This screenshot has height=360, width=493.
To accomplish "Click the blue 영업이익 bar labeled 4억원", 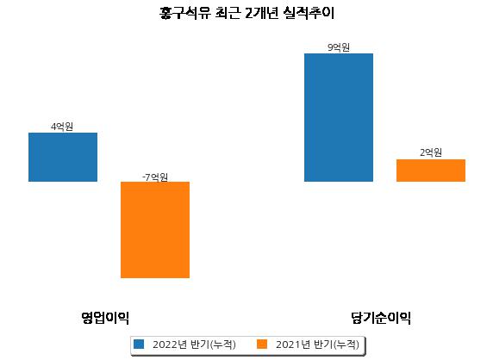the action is (x=63, y=157).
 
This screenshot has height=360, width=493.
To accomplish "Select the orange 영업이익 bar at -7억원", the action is (x=155, y=230).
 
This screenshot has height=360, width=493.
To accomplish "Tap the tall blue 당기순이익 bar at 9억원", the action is (x=339, y=117).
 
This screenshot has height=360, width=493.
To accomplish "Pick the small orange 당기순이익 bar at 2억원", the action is (x=431, y=171).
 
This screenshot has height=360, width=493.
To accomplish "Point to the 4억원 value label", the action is (x=62, y=127).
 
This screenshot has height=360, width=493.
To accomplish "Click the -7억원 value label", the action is (x=154, y=177).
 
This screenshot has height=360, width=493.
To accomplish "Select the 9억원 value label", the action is (x=339, y=47).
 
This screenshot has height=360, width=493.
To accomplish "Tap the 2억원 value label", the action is (x=431, y=152).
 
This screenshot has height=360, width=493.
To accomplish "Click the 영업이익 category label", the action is (x=105, y=318).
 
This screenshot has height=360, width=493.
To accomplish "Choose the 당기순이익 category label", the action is (x=381, y=318).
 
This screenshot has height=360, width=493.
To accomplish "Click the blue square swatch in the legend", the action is (x=139, y=344).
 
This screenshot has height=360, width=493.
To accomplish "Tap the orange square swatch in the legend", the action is (x=262, y=344).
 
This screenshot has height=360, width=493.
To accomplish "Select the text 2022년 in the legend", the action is (x=170, y=344).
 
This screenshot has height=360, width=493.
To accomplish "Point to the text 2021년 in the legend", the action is (x=293, y=344).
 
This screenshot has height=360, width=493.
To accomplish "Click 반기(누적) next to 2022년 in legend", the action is (x=213, y=344).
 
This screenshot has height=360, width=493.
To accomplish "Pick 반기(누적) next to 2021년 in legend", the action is (x=336, y=344).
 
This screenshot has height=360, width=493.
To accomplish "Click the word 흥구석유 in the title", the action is (x=184, y=13).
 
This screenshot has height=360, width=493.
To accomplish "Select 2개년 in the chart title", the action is (x=262, y=13).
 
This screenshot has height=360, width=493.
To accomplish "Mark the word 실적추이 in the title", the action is (x=309, y=13).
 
